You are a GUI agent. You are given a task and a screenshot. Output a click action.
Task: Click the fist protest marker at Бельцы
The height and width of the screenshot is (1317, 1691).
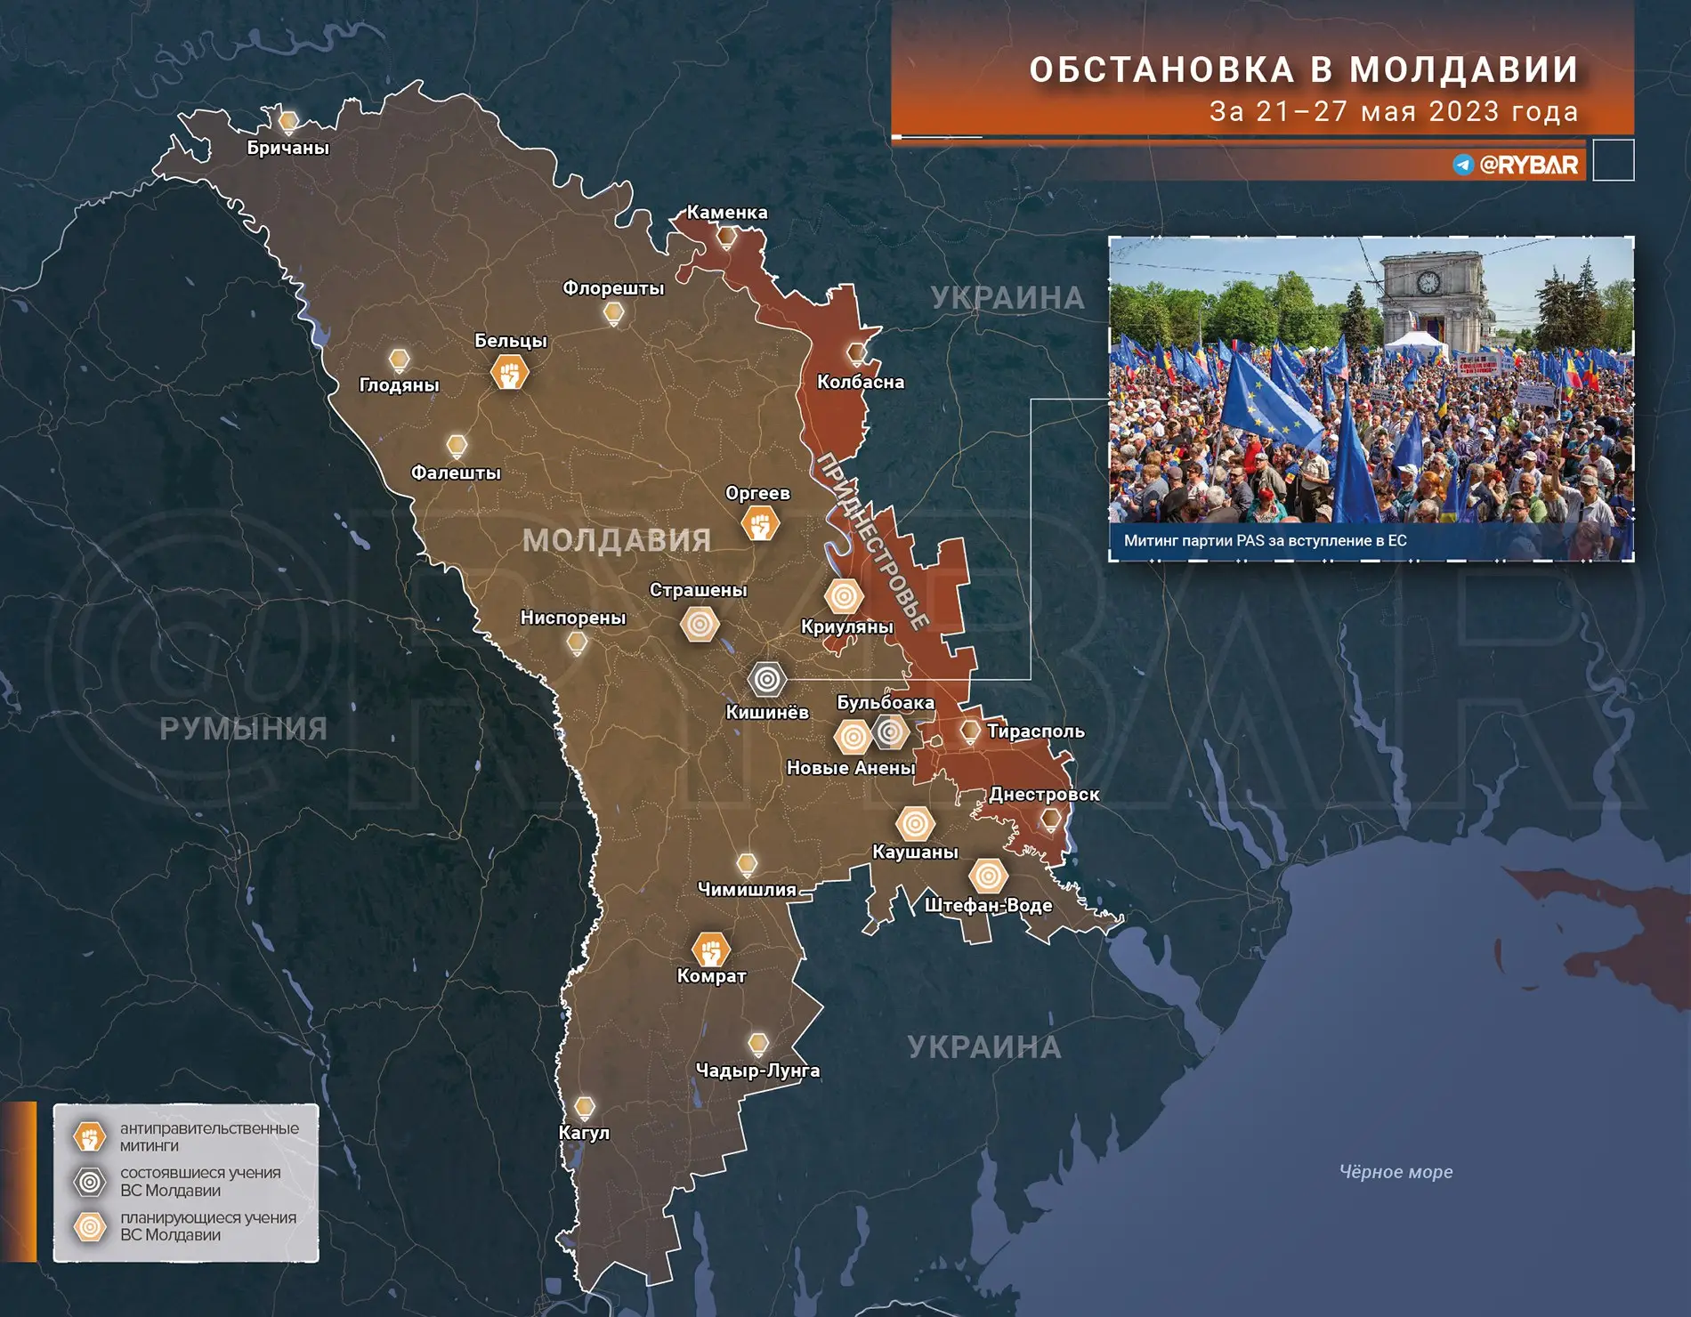tap(510, 373)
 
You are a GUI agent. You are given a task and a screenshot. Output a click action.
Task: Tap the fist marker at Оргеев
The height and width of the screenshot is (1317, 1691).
tap(760, 524)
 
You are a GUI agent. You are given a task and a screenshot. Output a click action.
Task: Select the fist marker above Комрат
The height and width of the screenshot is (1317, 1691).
tap(710, 950)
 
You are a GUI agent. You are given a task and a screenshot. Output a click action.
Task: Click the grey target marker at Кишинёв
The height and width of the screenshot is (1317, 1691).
tap(766, 680)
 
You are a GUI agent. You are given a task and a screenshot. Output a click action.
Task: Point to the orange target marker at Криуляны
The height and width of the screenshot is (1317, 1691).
tap(844, 597)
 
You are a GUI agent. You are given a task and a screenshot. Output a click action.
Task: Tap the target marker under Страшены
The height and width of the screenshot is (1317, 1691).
tap(700, 625)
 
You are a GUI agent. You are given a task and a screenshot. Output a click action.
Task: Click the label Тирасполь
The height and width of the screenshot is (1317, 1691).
tap(1035, 731)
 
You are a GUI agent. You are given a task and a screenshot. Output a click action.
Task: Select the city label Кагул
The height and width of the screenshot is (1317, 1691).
tap(584, 1133)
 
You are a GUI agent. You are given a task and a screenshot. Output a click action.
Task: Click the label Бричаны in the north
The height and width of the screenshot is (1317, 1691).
tap(287, 148)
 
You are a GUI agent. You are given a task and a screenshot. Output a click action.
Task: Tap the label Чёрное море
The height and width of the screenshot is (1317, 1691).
tap(1396, 1172)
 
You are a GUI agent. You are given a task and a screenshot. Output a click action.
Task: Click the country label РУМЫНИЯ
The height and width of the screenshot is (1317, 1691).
tap(243, 729)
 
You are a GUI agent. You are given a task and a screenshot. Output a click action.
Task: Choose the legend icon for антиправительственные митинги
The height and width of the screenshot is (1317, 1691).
tap(90, 1136)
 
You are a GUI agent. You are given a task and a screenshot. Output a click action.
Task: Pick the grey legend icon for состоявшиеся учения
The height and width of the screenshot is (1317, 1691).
tap(90, 1182)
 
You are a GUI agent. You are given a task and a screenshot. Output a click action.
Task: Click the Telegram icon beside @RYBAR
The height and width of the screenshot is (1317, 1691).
tap(1463, 165)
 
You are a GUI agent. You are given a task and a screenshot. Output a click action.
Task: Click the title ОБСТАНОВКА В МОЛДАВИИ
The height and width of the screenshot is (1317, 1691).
tap(1304, 69)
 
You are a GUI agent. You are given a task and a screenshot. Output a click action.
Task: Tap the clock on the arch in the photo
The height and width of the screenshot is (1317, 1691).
tap(1428, 282)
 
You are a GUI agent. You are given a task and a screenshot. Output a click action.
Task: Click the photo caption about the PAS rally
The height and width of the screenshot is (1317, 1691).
tap(1265, 540)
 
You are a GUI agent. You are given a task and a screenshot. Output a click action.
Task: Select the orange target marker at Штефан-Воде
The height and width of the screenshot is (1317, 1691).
tap(988, 877)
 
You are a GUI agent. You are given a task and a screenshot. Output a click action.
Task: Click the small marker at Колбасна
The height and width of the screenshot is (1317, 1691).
tap(856, 353)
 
